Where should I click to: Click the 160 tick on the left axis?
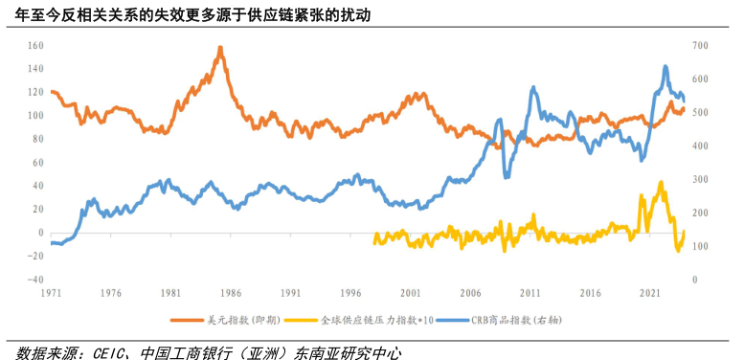pos(36,46)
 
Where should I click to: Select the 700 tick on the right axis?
pos(701,46)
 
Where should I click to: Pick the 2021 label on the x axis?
pos(649,293)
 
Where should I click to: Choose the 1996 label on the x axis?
pos(349,293)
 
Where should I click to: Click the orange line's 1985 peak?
pos(221,47)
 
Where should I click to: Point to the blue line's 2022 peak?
pos(665,67)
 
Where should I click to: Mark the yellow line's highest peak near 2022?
pos(660,182)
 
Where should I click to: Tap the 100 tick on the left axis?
pos(36,116)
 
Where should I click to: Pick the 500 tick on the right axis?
pos(701,113)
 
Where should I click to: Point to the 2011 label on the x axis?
pos(530,293)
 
